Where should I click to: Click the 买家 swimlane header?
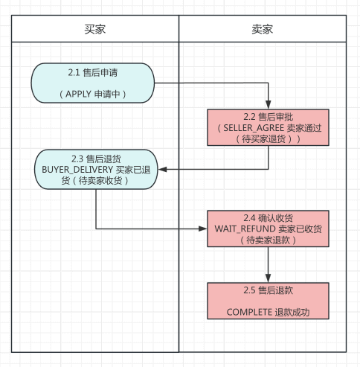tap(95, 29)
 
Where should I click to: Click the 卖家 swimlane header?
tap(262, 29)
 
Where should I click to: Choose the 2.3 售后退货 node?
tap(95, 170)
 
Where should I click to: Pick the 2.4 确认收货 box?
tap(268, 229)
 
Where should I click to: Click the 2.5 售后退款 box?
tap(268, 301)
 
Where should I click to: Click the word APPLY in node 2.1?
tap(80, 95)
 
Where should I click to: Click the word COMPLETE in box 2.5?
tap(249, 313)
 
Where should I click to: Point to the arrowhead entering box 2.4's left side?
tap(204, 229)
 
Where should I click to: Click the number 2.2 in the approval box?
tap(250, 116)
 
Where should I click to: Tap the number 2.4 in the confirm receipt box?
tap(250, 217)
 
